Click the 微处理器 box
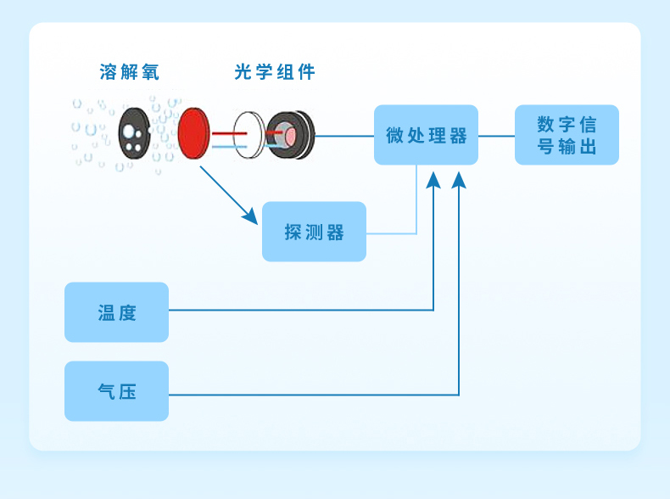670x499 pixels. (426, 135)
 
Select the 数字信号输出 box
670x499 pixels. (567, 135)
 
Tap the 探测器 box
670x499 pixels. (314, 232)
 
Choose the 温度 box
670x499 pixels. (116, 312)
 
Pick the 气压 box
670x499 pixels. (116, 391)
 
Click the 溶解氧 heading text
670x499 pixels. (129, 72)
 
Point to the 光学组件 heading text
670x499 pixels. (275, 72)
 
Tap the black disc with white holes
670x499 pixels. (132, 133)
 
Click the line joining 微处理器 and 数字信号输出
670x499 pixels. (496, 135)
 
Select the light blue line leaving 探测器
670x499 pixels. (392, 233)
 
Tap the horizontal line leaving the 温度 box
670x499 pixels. (297, 311)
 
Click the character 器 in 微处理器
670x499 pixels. (459, 136)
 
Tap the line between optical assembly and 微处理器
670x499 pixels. (344, 135)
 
